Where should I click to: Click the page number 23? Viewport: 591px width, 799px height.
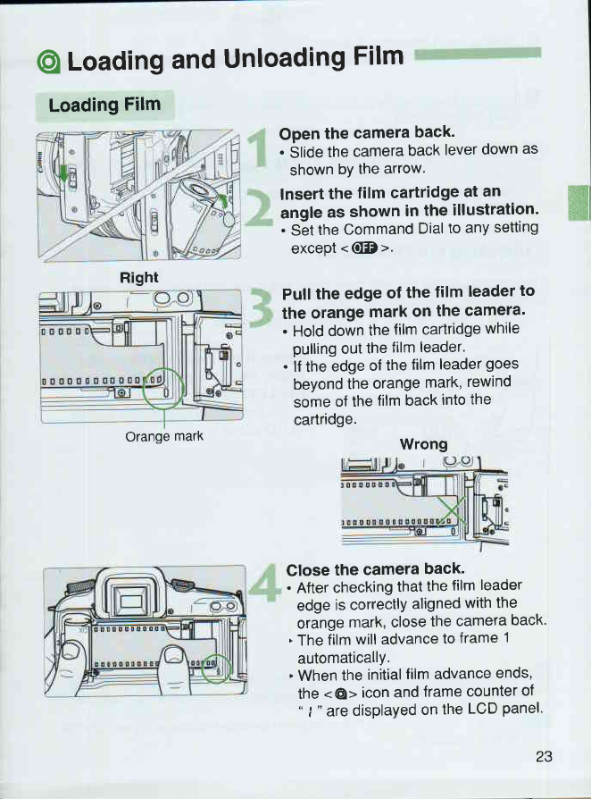coord(545,756)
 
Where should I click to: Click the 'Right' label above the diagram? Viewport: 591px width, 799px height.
coord(138,278)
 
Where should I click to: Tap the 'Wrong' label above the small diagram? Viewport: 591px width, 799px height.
coord(423,443)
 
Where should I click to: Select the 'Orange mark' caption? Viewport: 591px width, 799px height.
coord(165,437)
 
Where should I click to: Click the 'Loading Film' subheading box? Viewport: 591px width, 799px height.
coord(105,105)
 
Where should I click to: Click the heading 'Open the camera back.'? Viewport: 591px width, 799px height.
coord(354,131)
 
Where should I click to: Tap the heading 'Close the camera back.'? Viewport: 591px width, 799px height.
coord(362,568)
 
